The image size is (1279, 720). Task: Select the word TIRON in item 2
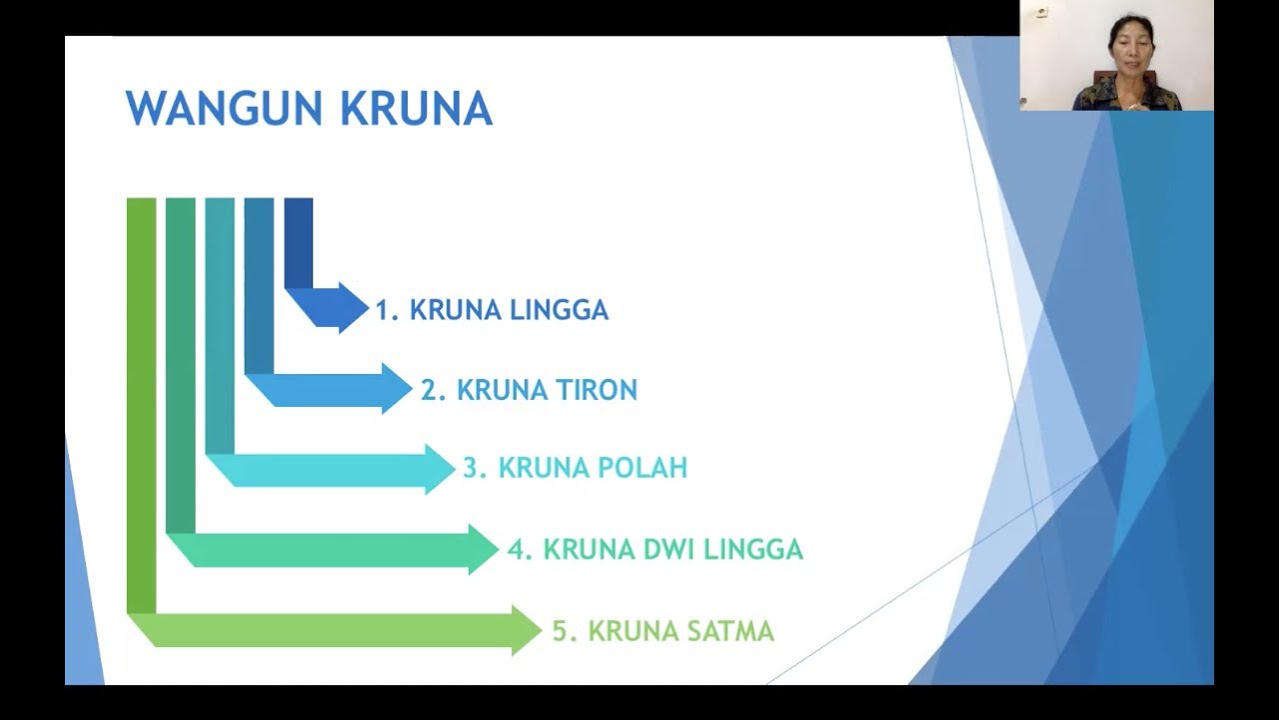597,390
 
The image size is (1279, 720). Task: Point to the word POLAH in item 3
642,468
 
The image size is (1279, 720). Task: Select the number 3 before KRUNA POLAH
471,468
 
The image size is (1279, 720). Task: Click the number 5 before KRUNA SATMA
561,631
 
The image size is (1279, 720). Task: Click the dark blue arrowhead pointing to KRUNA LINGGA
353,307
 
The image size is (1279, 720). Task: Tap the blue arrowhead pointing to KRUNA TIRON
396,388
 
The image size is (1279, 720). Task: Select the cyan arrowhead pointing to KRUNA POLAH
439,469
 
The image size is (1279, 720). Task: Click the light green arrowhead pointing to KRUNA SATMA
526,630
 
